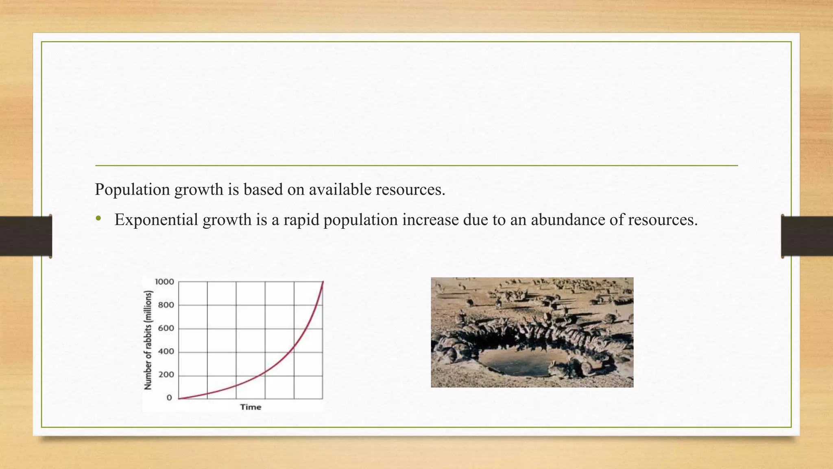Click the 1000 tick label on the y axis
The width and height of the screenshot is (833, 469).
click(x=164, y=282)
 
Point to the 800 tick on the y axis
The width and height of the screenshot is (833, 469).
click(x=166, y=305)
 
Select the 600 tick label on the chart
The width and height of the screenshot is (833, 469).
click(x=166, y=328)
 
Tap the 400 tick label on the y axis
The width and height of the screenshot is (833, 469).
click(x=166, y=351)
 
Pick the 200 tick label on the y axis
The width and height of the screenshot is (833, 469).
click(x=166, y=375)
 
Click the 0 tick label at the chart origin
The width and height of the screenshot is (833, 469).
click(x=169, y=398)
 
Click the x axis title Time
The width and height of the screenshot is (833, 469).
click(x=251, y=407)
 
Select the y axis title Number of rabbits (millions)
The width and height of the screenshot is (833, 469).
click(x=148, y=340)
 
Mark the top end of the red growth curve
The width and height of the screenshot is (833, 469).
click(x=323, y=282)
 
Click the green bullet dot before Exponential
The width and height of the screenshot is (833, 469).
click(x=98, y=219)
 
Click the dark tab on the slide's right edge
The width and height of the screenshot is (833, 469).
click(x=807, y=236)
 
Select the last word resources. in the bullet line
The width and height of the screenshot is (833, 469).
click(x=663, y=220)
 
